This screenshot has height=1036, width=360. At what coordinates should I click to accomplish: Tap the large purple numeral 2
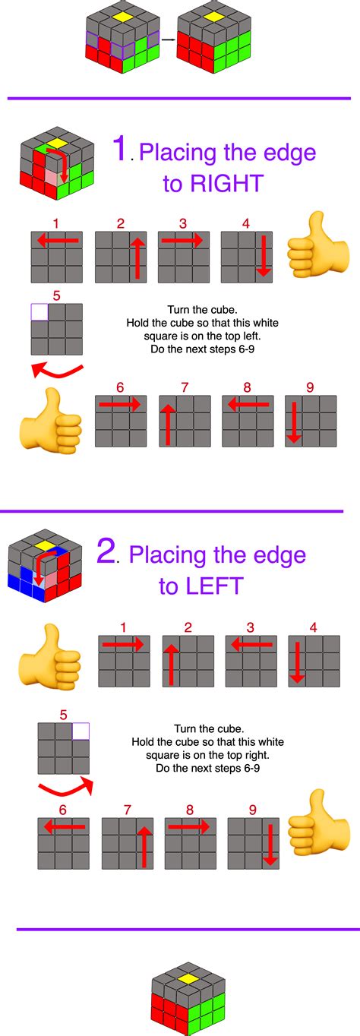106,551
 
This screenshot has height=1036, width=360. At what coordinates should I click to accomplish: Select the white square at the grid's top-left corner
39,311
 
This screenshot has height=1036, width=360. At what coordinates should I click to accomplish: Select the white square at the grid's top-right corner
80,731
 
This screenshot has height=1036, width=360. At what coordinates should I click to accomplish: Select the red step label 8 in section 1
247,387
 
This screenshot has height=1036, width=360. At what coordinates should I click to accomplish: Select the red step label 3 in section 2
250,627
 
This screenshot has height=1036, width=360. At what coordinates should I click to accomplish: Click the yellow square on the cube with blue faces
46,545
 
